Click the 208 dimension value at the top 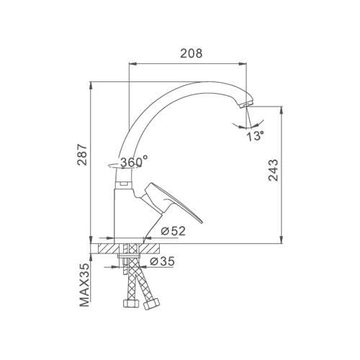[x=192, y=53]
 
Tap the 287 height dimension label [x=82, y=155]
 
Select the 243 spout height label [x=273, y=170]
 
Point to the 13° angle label [x=255, y=136]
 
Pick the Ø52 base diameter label [x=174, y=231]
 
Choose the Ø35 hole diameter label [x=162, y=261]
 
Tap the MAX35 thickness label [x=84, y=285]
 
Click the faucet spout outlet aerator [x=246, y=105]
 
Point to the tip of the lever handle [x=202, y=222]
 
